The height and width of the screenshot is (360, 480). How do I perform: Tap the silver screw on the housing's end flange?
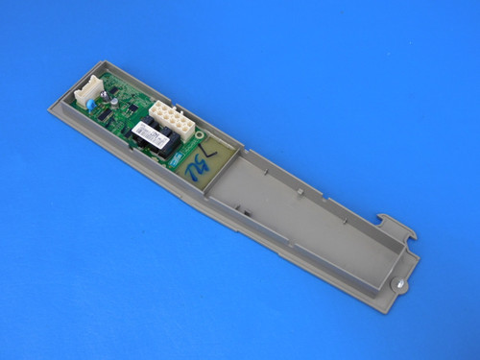pyautogui.click(x=396, y=285)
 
